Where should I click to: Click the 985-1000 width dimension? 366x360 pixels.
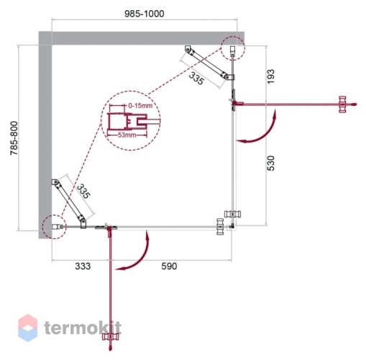coord(145,14)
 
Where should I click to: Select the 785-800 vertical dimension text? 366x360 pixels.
coord(14,138)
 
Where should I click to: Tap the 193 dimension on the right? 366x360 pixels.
coord(270,76)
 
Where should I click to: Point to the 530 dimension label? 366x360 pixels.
coord(270,163)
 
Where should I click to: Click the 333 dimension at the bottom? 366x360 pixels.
coord(83,266)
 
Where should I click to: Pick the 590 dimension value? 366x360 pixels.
coord(169,266)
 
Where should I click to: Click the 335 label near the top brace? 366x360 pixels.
coord(196,78)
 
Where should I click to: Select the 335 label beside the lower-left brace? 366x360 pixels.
coord(83,191)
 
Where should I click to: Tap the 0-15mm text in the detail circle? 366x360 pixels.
coord(140,106)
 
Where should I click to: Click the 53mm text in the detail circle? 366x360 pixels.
coord(127,135)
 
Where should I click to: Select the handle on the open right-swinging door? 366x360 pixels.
coord(342,104)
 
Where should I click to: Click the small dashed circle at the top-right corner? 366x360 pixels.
coord(233,48)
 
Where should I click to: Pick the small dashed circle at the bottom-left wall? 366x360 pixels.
coord(54,227)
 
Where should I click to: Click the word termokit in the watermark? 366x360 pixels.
coord(83,328)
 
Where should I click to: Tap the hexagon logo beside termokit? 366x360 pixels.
coord(28,328)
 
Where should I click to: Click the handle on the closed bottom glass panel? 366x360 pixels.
coord(220,226)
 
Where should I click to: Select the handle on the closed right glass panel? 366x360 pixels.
coord(232,214)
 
